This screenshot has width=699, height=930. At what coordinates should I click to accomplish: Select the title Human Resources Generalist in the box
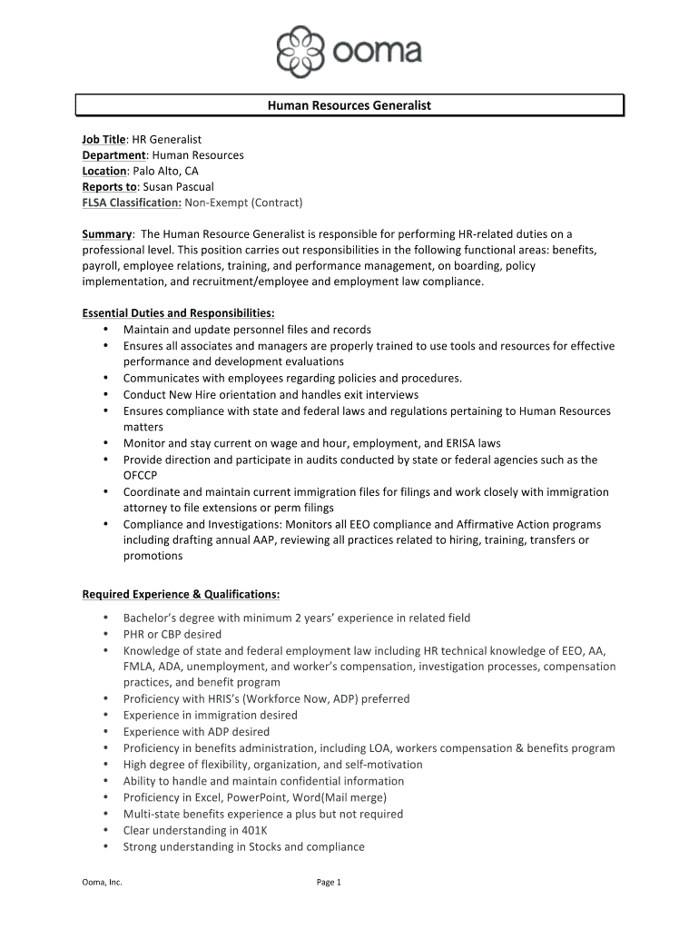pos(349,105)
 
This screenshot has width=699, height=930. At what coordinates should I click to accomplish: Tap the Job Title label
pos(103,139)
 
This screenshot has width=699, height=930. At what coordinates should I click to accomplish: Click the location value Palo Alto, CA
pos(164,171)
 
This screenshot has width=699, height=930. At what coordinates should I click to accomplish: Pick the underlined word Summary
pos(107,233)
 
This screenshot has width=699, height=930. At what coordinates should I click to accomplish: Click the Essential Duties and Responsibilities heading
pos(165,313)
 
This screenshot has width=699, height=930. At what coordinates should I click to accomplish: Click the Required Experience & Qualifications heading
pos(181,594)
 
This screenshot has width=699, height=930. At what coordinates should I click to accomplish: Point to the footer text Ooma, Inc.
pos(102,882)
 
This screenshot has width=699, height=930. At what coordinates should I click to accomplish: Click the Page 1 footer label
pos(328,882)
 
